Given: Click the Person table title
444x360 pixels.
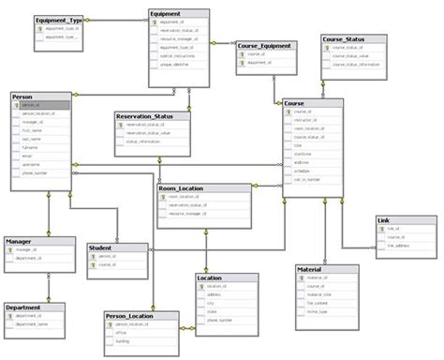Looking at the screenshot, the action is tap(24, 97).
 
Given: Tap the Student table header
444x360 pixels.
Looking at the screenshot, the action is tap(101, 247).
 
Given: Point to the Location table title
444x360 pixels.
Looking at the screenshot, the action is tap(211, 277).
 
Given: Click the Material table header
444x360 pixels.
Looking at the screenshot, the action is tap(311, 269).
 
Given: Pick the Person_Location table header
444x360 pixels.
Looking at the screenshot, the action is tap(131, 317).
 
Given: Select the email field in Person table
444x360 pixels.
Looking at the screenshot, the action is tap(28, 156).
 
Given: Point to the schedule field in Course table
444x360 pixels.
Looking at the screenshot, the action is tap(303, 172).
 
